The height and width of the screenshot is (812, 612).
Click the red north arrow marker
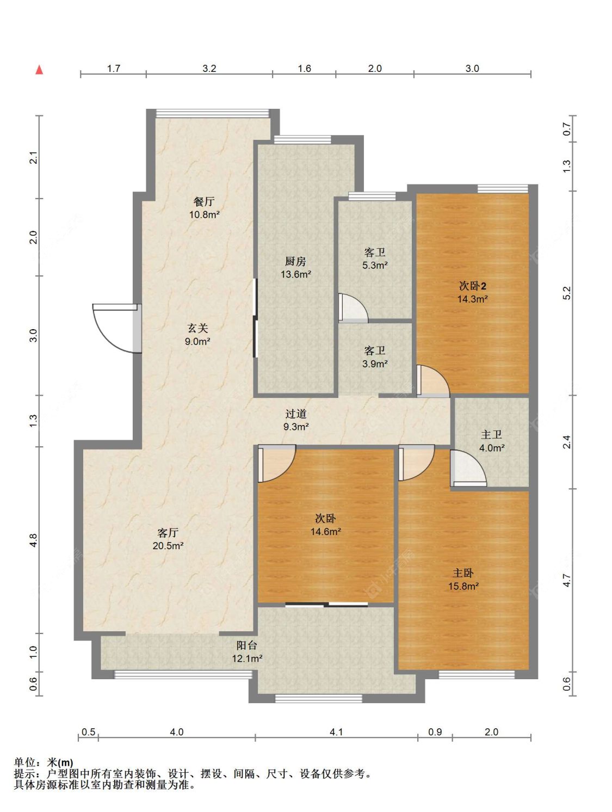39,69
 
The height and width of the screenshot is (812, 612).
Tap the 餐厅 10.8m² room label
204,208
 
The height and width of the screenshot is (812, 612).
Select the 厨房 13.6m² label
295,268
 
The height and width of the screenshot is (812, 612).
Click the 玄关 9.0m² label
197,334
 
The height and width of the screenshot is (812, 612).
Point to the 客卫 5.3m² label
375,259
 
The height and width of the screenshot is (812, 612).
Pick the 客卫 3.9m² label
375,357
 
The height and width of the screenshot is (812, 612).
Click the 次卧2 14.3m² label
472,292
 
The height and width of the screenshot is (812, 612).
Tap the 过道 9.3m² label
296,420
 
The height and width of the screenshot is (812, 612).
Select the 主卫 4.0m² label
491,441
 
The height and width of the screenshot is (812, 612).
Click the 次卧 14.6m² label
325,525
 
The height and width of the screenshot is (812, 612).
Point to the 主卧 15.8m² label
463,579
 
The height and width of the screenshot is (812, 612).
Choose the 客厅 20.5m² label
168,539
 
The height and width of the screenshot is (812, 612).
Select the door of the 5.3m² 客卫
353,308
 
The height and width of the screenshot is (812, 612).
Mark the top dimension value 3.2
209,69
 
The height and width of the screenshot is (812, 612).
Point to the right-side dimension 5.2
566,293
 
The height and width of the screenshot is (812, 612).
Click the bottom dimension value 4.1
336,731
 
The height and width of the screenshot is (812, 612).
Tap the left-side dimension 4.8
33,540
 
